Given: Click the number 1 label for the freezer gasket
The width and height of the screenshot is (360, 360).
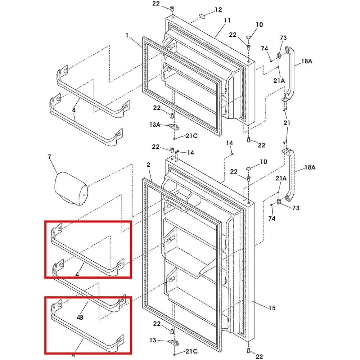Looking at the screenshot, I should [x=127, y=35].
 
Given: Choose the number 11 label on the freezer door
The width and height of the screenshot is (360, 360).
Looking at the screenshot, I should [x=227, y=21].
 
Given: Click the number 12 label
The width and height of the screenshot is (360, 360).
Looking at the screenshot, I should [x=219, y=10].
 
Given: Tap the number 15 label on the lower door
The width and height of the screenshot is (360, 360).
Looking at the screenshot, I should [x=272, y=308].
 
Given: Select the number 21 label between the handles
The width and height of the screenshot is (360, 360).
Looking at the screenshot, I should [x=287, y=123].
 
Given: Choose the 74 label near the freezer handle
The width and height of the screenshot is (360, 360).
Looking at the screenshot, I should [x=265, y=49].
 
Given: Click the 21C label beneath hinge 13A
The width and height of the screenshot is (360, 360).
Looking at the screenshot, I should [x=192, y=135].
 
